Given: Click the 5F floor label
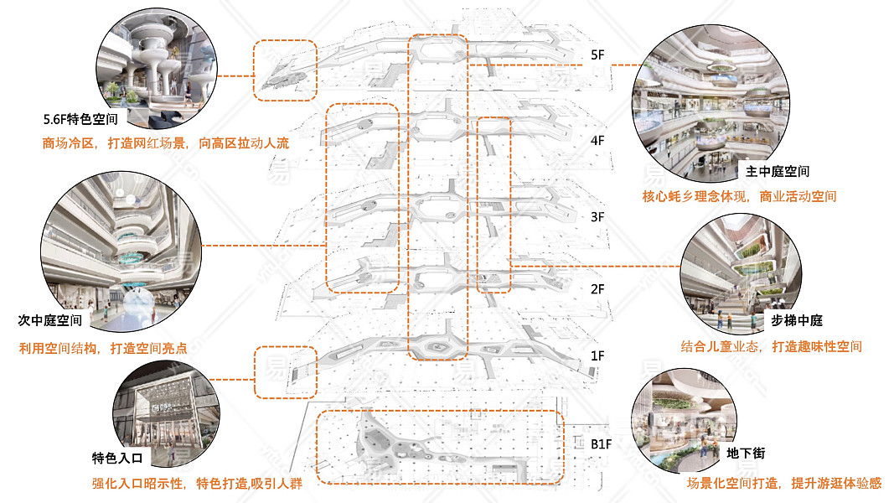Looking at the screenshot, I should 597,54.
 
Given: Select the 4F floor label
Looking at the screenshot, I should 597,141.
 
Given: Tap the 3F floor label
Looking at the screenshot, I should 597,216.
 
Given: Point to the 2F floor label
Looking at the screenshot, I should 597,289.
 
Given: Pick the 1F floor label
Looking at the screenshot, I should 597,355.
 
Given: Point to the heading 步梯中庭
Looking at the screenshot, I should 797,321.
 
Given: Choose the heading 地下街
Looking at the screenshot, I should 744,454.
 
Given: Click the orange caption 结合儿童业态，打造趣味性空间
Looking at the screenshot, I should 771,346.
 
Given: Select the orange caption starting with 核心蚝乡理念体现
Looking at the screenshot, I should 739,197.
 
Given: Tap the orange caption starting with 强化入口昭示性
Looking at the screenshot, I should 197,484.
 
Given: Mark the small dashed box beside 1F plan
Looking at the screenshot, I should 286,372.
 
